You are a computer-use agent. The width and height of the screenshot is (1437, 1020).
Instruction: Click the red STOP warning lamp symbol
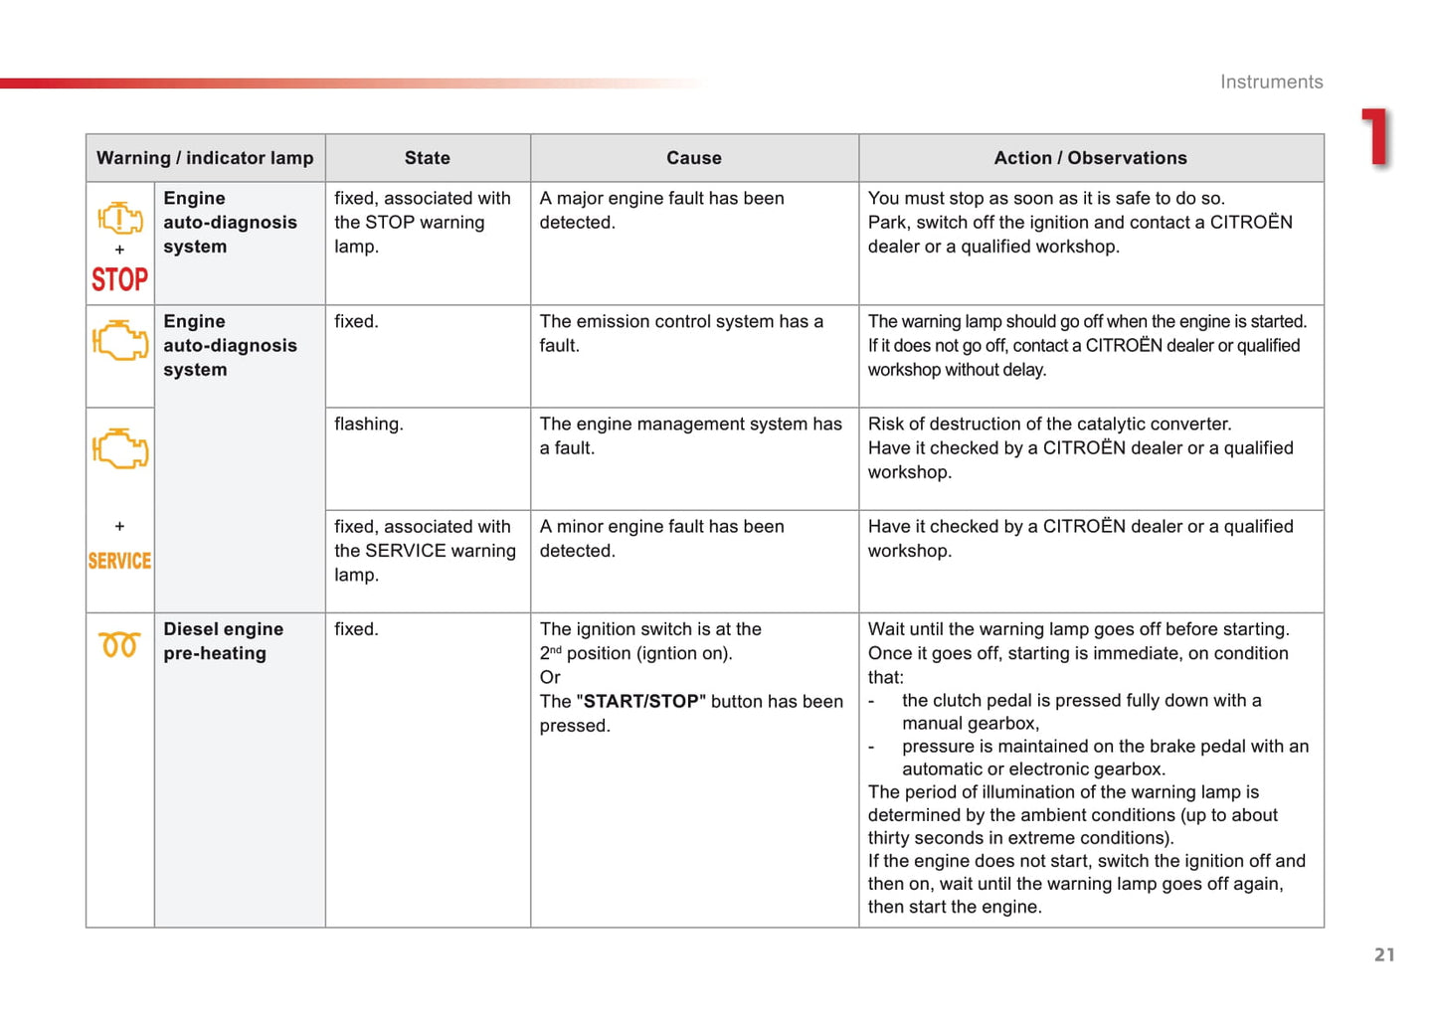pos(119,279)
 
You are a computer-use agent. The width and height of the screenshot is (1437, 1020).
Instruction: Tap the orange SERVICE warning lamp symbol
pos(119,561)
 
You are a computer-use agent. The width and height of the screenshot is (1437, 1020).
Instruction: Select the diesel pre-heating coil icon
pos(119,644)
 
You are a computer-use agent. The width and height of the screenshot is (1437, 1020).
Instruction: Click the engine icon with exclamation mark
pos(120,218)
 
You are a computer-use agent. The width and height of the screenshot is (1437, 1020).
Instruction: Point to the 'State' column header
pos(427,158)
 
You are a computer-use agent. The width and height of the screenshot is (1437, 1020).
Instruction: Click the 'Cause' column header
pos(694,158)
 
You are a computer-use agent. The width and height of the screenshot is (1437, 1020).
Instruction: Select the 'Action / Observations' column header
pos(1090,158)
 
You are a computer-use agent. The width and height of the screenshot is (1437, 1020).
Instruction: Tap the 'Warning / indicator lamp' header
pos(205,158)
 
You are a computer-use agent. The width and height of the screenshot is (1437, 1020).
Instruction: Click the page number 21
pos(1384,954)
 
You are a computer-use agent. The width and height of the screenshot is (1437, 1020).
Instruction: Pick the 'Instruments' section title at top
pos(1271,83)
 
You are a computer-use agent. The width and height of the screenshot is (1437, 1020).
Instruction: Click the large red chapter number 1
pos(1375,137)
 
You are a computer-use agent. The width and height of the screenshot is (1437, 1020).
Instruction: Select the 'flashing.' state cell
pos(368,425)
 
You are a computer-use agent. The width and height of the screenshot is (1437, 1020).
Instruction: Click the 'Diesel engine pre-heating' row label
pos(223,641)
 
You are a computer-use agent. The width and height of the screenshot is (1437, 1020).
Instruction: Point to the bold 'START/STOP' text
pos(641,702)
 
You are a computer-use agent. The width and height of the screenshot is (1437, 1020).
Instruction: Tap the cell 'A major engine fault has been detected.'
pos(661,211)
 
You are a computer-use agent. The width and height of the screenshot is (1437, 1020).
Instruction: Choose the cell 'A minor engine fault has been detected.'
pos(661,539)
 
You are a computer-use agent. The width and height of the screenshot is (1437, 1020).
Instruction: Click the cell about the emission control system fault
pos(681,334)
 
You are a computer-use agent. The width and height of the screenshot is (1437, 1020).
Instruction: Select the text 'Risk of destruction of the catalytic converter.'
pos(1049,425)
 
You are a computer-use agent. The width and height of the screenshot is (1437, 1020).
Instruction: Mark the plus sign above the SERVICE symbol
pos(119,526)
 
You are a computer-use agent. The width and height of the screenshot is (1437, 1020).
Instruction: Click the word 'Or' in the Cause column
pos(550,678)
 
